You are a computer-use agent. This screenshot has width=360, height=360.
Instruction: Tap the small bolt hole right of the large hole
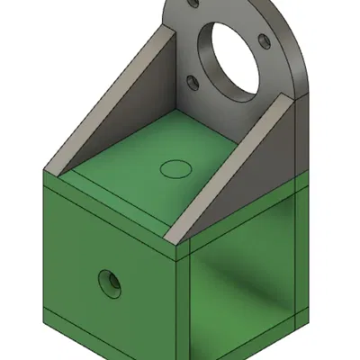(263, 40)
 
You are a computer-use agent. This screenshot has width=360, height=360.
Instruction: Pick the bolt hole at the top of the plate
(193, 5)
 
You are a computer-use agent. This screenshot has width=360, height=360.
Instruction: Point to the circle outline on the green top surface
(175, 167)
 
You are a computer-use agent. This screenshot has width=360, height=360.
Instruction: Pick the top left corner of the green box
(42, 177)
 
